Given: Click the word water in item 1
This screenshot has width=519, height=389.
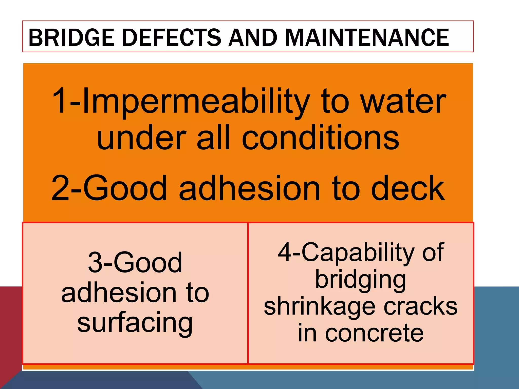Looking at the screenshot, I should point(403,101).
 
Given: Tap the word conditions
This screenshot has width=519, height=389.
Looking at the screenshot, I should point(320,138).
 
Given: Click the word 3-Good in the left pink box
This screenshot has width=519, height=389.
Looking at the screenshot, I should point(135,262).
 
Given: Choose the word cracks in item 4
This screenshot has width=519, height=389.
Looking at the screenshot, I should point(421,306).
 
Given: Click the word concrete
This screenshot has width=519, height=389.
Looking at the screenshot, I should point(374,333).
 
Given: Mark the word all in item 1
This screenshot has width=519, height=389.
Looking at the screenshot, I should point(213,138).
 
